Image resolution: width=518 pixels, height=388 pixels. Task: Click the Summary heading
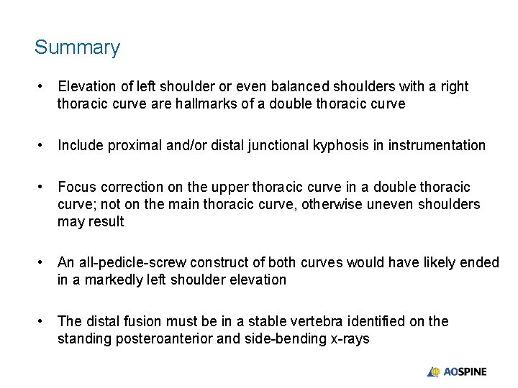[77, 47]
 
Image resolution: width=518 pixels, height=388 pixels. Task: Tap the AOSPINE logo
[457, 371]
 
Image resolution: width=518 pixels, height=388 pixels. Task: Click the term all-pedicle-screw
[127, 262]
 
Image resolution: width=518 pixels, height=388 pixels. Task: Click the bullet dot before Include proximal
[42, 145]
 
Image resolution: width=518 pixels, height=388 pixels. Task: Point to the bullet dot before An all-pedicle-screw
[42, 262]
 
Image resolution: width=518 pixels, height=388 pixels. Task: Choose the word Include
[81, 145]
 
